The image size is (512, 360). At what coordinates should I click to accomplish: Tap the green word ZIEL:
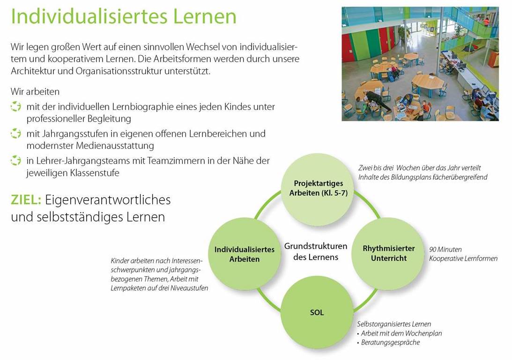tap(26, 200)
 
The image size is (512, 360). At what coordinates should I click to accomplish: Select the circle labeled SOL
tap(317, 312)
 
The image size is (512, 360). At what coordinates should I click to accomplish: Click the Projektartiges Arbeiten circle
tap(318, 189)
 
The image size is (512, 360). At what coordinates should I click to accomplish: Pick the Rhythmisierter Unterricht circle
tap(388, 253)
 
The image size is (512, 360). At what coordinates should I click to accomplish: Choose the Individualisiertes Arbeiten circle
tap(244, 254)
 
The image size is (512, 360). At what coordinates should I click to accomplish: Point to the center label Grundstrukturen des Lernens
tap(316, 251)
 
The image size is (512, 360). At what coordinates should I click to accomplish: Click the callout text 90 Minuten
tap(445, 250)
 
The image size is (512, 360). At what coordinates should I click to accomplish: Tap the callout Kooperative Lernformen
tap(463, 258)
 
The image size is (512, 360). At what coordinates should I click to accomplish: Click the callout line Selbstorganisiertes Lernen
tap(394, 324)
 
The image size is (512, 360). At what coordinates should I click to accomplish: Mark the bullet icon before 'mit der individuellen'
tap(15, 107)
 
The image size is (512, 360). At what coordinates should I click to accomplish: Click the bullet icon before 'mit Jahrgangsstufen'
tap(15, 133)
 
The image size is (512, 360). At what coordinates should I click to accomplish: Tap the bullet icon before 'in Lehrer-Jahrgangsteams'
tap(15, 161)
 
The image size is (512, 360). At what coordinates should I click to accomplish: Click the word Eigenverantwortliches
tap(108, 200)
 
